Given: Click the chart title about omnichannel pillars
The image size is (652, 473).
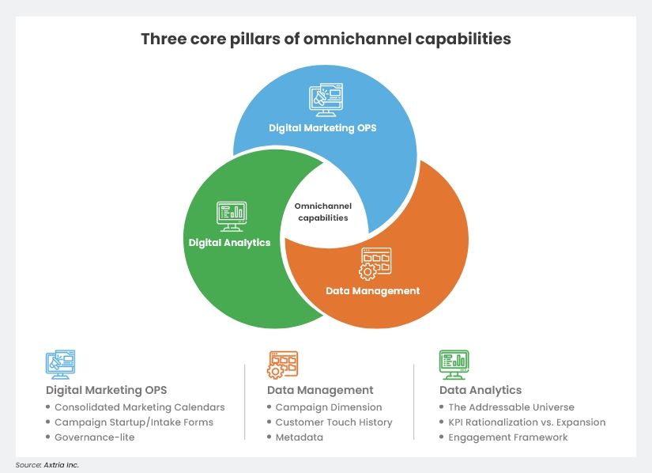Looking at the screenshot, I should [x=326, y=39].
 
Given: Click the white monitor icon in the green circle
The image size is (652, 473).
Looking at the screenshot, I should [x=229, y=214].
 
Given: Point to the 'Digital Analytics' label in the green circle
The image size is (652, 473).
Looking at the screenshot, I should [x=229, y=243].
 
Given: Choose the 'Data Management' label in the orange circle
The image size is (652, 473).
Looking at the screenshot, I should [x=373, y=291].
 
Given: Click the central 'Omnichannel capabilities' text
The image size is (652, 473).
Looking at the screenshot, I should [x=323, y=212].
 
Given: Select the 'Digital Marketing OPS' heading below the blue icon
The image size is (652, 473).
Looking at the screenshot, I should [x=106, y=390].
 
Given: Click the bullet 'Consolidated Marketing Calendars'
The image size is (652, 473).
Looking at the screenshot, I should [x=139, y=407].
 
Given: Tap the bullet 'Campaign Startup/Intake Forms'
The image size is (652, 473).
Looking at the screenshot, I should [x=134, y=422].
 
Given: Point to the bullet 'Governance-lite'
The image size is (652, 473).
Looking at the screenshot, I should [x=94, y=437].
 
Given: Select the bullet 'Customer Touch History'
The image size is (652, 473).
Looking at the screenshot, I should [x=334, y=422].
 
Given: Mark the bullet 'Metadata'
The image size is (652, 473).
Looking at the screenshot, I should [x=299, y=437].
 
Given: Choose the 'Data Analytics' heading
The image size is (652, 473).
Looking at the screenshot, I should [x=481, y=390].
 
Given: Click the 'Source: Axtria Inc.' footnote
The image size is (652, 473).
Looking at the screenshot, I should [x=47, y=465].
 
